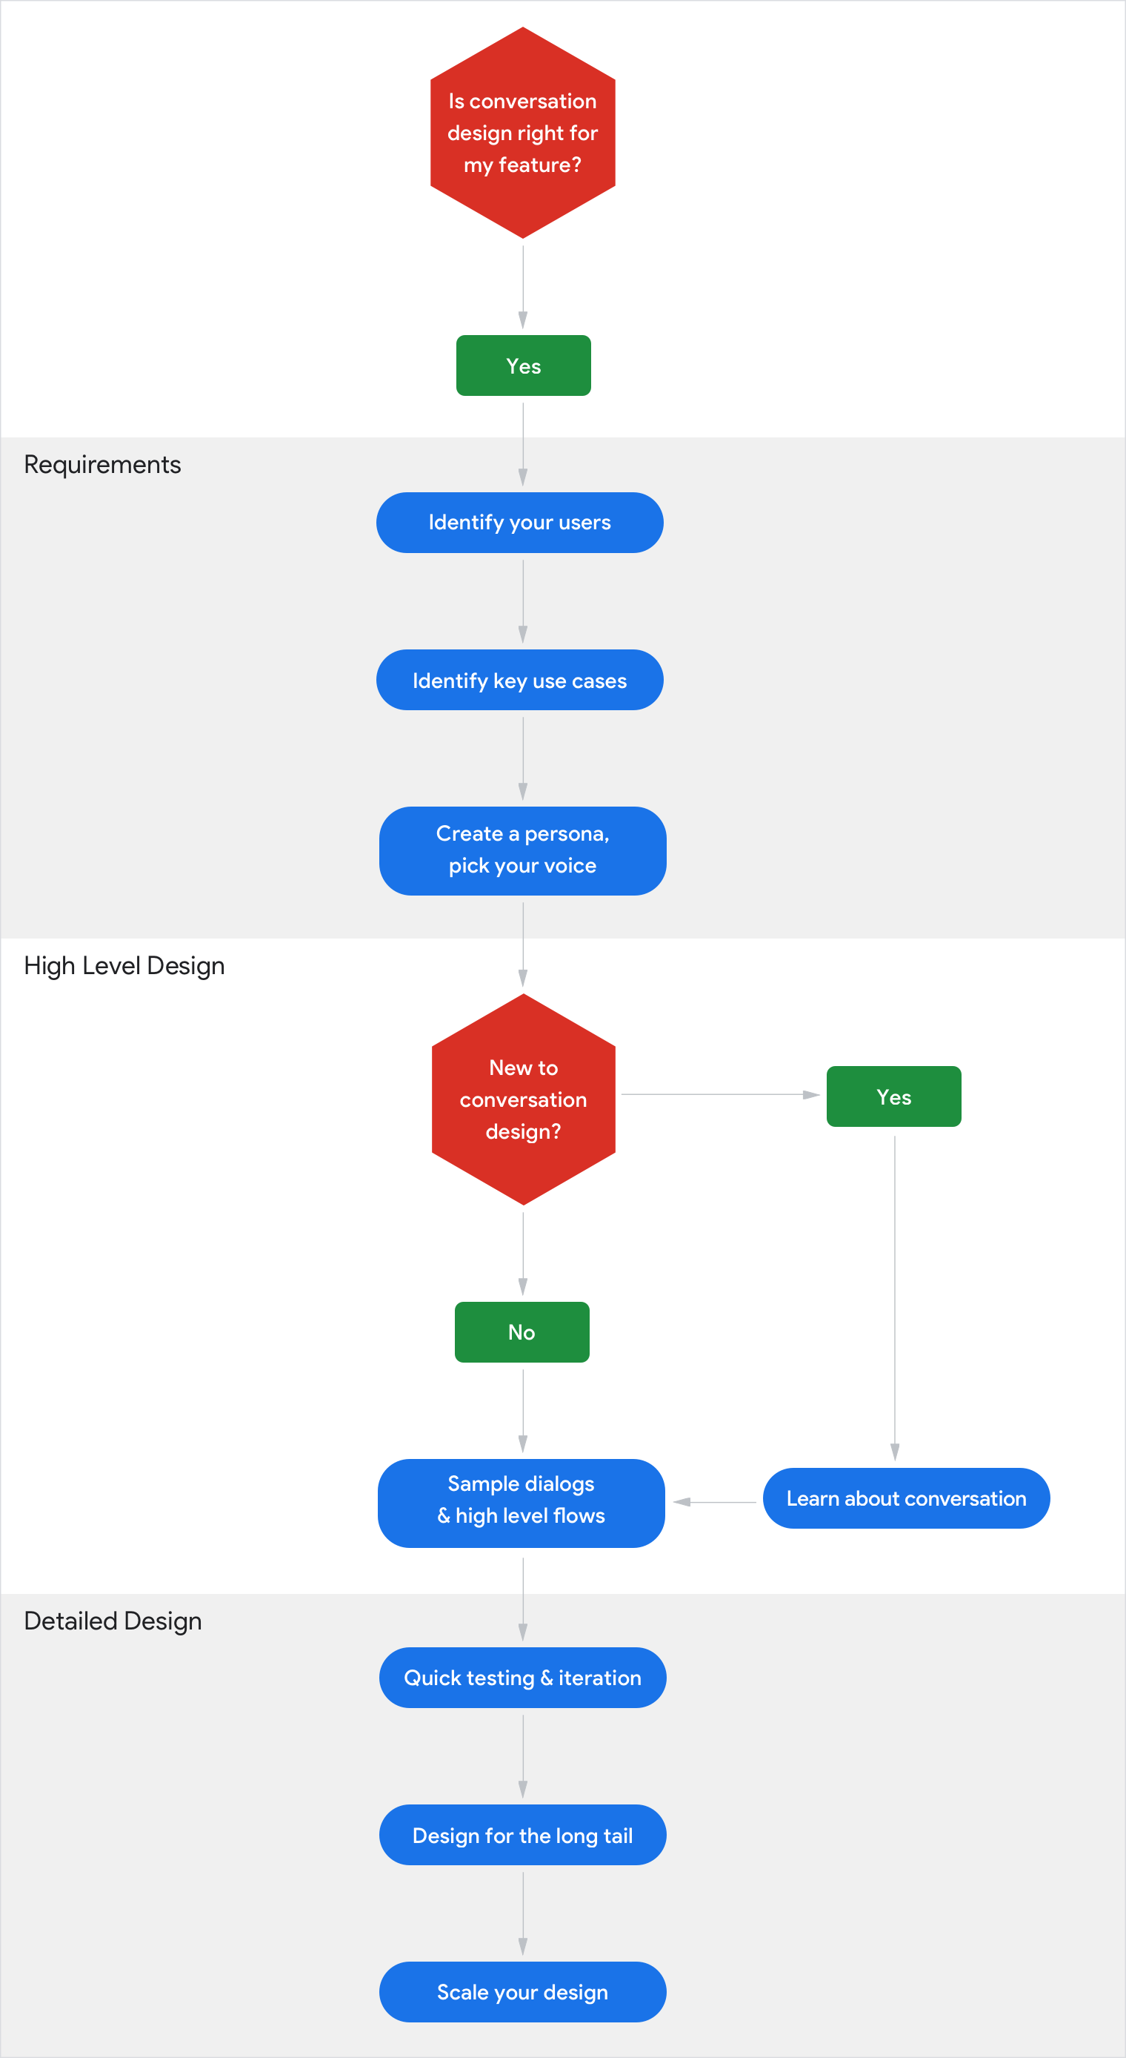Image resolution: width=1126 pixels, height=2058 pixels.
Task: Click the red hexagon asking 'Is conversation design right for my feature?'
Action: (523, 133)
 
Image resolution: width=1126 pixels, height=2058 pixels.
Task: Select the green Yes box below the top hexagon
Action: (523, 366)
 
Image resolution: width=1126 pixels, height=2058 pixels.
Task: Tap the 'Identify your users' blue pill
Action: (520, 523)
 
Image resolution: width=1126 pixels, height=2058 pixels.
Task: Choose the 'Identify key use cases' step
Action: (520, 681)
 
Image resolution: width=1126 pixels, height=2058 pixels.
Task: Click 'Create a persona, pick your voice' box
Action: (523, 851)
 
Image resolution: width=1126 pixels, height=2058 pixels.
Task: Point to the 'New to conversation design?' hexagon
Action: (523, 1099)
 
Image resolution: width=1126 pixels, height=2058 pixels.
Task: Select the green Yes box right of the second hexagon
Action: (893, 1097)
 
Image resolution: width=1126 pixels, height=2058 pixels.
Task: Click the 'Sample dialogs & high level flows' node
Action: (522, 1500)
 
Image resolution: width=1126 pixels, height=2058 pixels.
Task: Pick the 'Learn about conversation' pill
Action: (907, 1499)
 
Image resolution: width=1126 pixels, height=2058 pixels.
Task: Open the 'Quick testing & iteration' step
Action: (523, 1678)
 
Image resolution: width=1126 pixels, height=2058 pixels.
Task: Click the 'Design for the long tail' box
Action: (523, 1836)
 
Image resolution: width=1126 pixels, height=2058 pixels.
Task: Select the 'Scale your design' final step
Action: (523, 1993)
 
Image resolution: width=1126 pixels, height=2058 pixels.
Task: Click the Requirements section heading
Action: (102, 465)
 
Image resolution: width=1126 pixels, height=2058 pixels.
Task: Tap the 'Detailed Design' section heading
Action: (113, 1622)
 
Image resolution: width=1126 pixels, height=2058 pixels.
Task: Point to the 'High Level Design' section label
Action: (124, 966)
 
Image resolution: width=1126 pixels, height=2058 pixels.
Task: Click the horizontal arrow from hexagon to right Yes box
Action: (719, 1094)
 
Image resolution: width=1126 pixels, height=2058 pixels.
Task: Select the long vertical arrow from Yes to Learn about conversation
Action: (894, 1294)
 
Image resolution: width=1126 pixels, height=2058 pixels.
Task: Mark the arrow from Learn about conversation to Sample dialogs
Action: (714, 1502)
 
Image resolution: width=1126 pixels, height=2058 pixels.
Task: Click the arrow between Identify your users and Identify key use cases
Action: (523, 600)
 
